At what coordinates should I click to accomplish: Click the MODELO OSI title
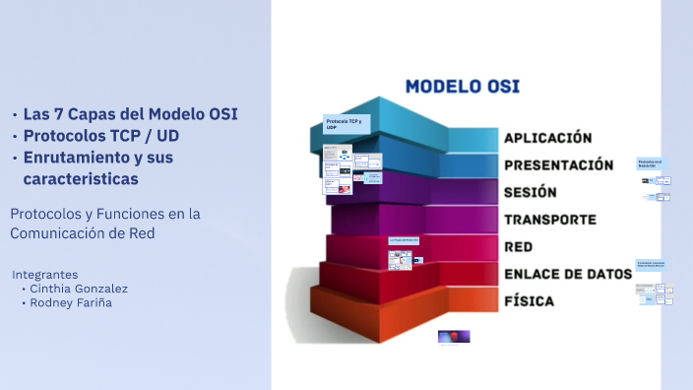click(463, 87)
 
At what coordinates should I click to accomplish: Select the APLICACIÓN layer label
click(547, 138)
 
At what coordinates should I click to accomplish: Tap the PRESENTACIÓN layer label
click(557, 164)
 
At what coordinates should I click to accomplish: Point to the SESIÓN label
click(531, 192)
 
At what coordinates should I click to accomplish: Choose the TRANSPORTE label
click(550, 219)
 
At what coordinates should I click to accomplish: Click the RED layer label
click(518, 246)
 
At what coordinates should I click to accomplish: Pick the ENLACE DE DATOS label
click(567, 274)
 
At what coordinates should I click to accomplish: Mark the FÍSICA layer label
click(529, 300)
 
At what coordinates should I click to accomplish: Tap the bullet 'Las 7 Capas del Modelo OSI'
click(131, 113)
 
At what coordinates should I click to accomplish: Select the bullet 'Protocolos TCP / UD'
click(114, 136)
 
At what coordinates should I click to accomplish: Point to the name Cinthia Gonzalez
click(78, 289)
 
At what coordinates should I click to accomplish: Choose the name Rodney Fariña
click(72, 303)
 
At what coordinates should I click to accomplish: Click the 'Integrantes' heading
click(44, 274)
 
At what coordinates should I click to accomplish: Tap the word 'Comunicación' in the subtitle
click(56, 233)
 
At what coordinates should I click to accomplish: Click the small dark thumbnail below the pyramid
click(454, 336)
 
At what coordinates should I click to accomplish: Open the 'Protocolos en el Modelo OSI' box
click(651, 163)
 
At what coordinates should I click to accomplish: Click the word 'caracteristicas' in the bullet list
click(80, 179)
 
